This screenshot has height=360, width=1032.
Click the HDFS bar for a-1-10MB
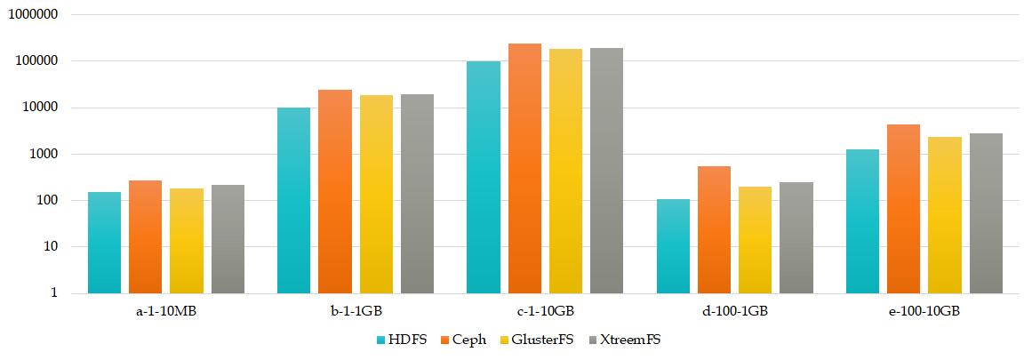click(x=104, y=243)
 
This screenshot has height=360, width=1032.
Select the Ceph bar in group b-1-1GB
click(x=335, y=191)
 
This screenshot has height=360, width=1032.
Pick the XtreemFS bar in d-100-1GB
click(x=796, y=237)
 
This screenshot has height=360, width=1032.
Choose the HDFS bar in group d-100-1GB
click(x=673, y=246)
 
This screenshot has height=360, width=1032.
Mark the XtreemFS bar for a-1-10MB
click(x=228, y=239)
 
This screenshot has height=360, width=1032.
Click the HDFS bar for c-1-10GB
click(x=484, y=177)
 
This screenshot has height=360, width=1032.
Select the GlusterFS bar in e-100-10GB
click(x=945, y=215)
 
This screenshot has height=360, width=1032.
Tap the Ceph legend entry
click(x=462, y=340)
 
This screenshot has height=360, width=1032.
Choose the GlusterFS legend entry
click(x=536, y=340)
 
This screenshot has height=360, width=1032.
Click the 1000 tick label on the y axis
click(x=43, y=154)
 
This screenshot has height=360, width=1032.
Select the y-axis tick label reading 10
click(x=50, y=246)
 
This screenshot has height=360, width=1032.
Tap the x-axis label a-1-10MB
click(x=165, y=312)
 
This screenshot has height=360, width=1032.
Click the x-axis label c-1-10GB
click(x=545, y=312)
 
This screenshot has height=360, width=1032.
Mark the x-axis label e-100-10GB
click(x=924, y=312)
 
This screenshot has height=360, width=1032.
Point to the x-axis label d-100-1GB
click(x=734, y=312)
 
